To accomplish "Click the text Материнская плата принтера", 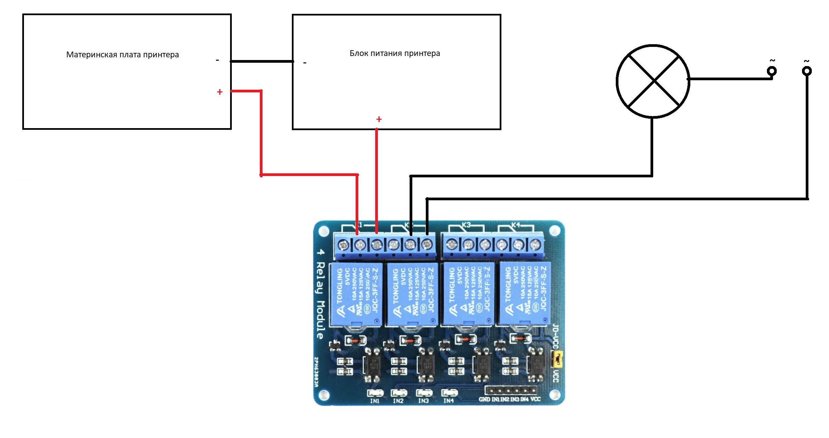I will click(122, 55).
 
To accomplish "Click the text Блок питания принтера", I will click(394, 53).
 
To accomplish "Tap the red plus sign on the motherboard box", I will click(220, 92).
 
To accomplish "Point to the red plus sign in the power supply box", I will click(379, 119).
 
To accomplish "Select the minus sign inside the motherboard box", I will click(217, 60).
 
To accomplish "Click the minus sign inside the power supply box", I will click(305, 63).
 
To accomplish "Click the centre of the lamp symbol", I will click(653, 81).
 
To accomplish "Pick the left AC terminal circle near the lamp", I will click(772, 71).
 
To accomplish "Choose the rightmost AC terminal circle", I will click(807, 71).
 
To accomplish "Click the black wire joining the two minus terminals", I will click(262, 61).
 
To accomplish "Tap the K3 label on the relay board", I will click(466, 225).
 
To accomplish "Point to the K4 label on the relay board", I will click(516, 225).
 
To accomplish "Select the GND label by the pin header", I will click(484, 400).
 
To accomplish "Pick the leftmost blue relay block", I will click(356, 294).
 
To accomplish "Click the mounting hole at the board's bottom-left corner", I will click(324, 394).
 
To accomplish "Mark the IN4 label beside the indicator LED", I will click(448, 401).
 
